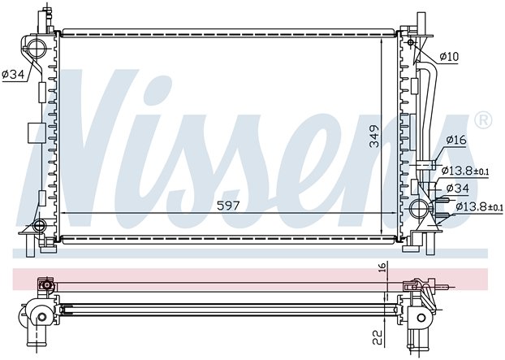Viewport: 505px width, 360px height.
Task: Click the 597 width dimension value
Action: pyautogui.click(x=228, y=206)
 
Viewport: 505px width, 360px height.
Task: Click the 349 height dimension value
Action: pyautogui.click(x=374, y=136)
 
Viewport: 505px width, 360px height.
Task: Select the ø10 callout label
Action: pyautogui.click(x=449, y=57)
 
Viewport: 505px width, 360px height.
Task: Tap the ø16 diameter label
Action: pyautogui.click(x=456, y=140)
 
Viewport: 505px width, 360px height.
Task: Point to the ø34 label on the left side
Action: pyautogui.click(x=13, y=75)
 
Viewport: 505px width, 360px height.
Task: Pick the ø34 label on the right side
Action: pyautogui.click(x=458, y=188)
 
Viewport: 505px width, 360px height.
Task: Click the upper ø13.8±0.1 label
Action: pyautogui.click(x=465, y=171)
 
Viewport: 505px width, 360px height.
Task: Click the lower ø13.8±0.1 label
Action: pyautogui.click(x=479, y=206)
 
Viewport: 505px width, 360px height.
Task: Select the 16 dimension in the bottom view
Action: pyautogui.click(x=382, y=267)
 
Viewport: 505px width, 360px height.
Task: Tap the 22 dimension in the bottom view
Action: pyautogui.click(x=378, y=337)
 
